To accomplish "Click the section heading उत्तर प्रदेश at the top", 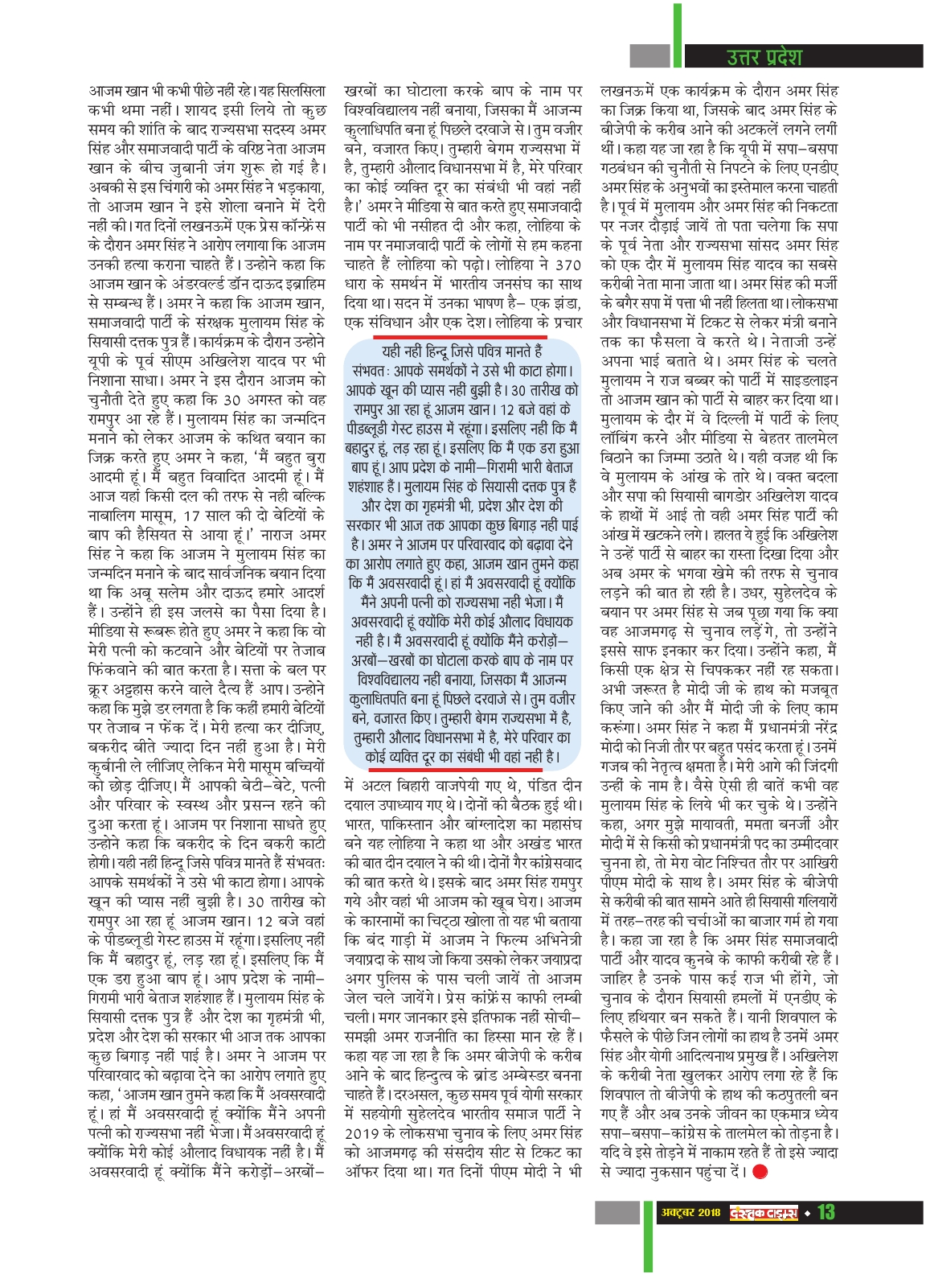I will [764, 56].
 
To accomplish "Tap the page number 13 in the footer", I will [826, 1211].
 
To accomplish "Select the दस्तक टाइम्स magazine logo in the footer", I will [764, 1212].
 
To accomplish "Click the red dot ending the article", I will [760, 1172].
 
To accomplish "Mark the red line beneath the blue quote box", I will [462, 771].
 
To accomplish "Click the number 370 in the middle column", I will [568, 265].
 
